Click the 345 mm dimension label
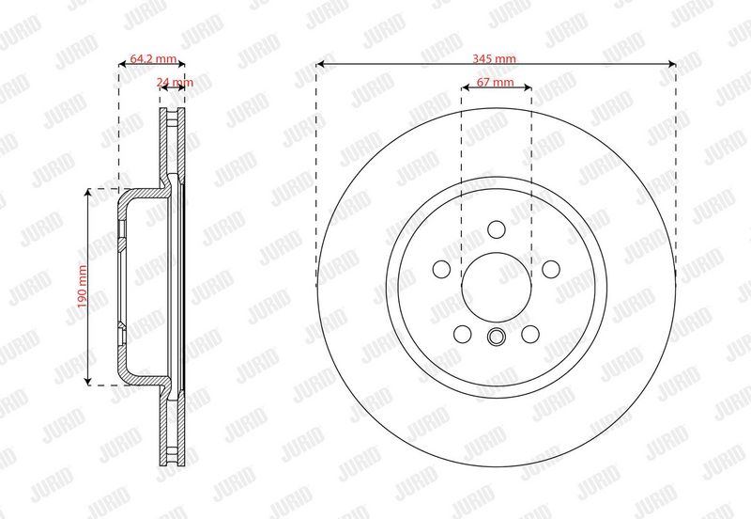click(x=495, y=58)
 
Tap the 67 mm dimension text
click(x=496, y=82)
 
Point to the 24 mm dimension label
click(x=175, y=82)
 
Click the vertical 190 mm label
click(x=83, y=287)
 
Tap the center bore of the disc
click(x=497, y=288)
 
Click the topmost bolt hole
click(x=497, y=229)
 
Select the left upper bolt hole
click(x=441, y=269)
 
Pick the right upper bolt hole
click(x=551, y=269)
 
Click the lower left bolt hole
click(x=462, y=334)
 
